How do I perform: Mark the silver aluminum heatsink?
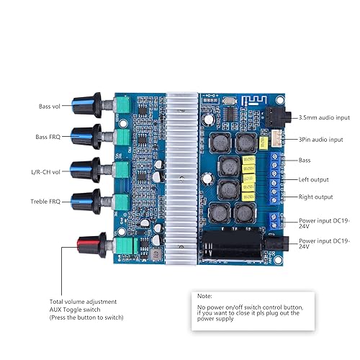click(184, 180)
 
